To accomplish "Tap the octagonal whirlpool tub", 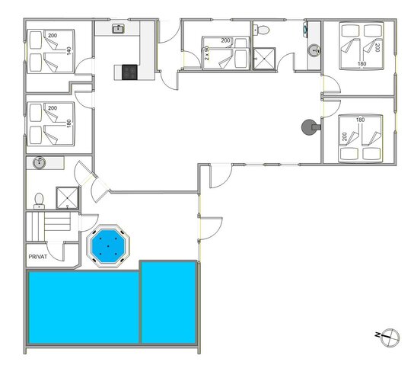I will [x=109, y=245].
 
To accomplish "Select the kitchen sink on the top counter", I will [x=119, y=30].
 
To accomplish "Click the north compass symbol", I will [x=389, y=335].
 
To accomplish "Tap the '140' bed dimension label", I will [x=68, y=50].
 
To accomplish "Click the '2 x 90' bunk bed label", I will [x=207, y=53].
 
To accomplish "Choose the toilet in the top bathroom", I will [x=262, y=30].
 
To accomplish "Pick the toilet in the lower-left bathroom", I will [x=39, y=200].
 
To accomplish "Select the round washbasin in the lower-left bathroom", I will [x=40, y=163].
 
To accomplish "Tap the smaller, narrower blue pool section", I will [x=169, y=302].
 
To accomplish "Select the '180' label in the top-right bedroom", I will [x=361, y=63].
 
